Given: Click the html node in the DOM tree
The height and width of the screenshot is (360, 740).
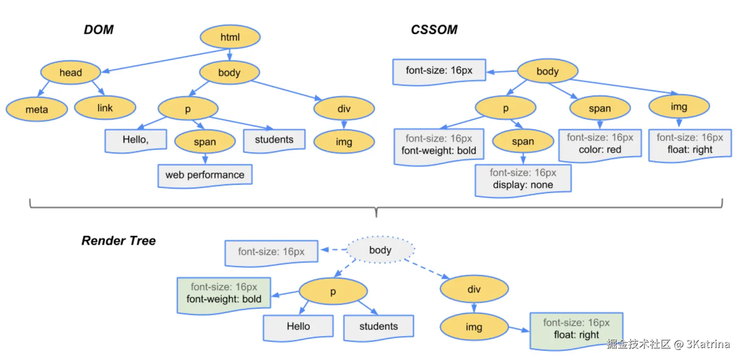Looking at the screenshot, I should [230, 37].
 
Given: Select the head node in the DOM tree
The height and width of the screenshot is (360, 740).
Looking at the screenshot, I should [71, 72].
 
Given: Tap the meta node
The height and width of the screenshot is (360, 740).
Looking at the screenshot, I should [37, 109].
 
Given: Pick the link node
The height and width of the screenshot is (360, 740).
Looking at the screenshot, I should [105, 108].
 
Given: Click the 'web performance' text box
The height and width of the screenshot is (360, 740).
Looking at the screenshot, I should [205, 175].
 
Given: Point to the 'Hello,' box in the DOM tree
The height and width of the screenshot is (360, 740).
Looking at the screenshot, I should [135, 140].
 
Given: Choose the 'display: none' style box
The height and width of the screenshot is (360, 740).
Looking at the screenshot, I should [523, 180].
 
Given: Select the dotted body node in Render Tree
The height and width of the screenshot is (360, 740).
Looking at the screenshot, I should [380, 250].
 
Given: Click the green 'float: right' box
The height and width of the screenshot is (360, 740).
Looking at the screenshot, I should [576, 330].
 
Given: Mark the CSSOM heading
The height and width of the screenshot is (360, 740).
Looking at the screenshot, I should [434, 30].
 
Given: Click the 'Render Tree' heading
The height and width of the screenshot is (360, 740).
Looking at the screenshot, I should [119, 241].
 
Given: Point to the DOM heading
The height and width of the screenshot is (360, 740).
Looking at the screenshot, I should [99, 30].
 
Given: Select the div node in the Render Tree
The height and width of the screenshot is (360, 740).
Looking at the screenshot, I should [474, 289].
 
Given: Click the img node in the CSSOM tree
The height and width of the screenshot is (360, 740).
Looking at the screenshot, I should [679, 107].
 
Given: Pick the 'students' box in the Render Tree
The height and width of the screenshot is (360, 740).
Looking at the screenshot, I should [379, 327].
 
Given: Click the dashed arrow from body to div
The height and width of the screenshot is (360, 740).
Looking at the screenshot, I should [427, 269].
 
